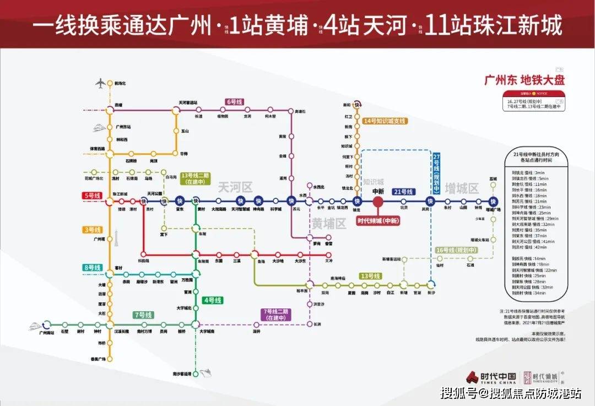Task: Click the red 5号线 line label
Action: point(92,196)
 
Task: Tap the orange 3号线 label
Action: point(92,229)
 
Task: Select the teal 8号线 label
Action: point(92,268)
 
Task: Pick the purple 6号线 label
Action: point(235,102)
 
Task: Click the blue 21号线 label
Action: point(403,192)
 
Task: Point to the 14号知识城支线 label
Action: point(385,121)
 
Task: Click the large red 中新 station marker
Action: point(378,202)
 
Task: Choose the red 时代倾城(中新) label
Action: point(378,221)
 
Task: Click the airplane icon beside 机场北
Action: point(100,84)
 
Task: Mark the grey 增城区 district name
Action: point(461,188)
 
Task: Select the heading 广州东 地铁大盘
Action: point(524,80)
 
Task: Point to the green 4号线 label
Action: point(212,300)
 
